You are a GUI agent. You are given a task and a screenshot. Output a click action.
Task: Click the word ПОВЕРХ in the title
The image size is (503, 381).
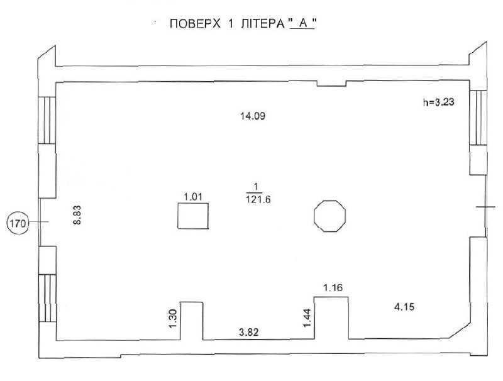(x=194, y=25)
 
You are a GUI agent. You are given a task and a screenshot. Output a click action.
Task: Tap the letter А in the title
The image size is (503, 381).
(x=302, y=25)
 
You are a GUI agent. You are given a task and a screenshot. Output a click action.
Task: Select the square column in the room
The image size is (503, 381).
(x=193, y=217)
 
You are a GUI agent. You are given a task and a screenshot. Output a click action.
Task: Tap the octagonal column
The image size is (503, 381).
(x=329, y=216)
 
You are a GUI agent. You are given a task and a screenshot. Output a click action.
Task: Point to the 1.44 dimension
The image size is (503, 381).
(x=307, y=315)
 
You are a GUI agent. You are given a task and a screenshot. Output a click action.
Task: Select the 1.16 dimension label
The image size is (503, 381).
(x=332, y=288)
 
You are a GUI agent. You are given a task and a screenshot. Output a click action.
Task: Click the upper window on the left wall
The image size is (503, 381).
(x=47, y=119)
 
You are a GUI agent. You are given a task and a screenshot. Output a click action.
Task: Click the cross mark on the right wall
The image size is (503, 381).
(x=485, y=207)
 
